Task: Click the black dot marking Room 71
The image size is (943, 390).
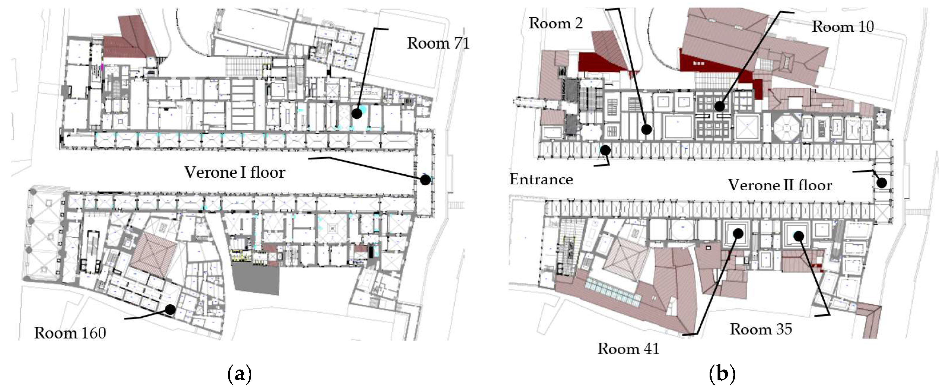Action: point(357,114)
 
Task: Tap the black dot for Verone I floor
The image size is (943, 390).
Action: point(425,180)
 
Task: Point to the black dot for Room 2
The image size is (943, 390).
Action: point(647,129)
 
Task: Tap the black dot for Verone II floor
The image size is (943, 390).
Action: point(882,182)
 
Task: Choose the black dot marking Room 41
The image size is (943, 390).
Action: point(738,233)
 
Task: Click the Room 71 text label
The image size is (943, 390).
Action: point(438,43)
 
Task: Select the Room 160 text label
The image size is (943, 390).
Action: point(70,333)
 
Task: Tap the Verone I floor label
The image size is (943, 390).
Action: point(235,172)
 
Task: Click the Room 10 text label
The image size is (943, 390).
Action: point(843,27)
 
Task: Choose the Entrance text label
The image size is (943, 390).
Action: point(541,179)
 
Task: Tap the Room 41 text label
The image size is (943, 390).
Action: point(629,349)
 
